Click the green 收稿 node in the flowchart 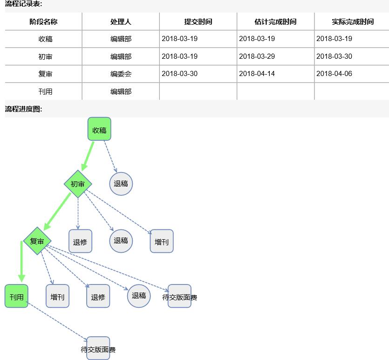[99, 129]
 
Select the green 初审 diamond [78, 184]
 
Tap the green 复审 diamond [37, 241]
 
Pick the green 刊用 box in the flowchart [17, 296]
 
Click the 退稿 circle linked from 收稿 [121, 184]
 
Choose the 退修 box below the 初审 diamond [80, 242]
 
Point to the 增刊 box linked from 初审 [162, 242]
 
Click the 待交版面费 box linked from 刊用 [98, 349]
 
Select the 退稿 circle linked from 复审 [139, 296]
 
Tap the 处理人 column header [121, 22]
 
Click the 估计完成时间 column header [275, 22]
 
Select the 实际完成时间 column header [353, 22]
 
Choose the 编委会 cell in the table [121, 74]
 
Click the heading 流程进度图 [24, 109]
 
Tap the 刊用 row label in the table [45, 92]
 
